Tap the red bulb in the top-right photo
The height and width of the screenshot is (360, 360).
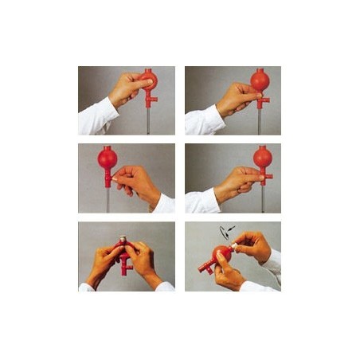tap(260, 80)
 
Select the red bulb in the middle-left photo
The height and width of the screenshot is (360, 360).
tap(108, 157)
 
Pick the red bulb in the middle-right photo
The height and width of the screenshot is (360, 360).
tap(263, 156)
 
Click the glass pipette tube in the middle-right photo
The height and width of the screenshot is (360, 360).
tap(263, 200)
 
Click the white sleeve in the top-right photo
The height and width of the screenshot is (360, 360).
tap(202, 119)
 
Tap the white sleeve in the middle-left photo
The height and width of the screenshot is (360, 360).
tap(164, 203)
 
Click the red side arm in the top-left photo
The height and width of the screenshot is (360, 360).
tap(154, 100)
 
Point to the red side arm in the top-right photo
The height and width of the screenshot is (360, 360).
tap(265, 100)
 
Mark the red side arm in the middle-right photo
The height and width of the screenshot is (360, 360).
tap(268, 177)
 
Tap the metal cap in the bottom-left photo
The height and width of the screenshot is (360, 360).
tap(123, 240)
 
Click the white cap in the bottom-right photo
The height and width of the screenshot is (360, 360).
tap(236, 248)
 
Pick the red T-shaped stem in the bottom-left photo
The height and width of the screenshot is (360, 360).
tap(125, 264)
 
